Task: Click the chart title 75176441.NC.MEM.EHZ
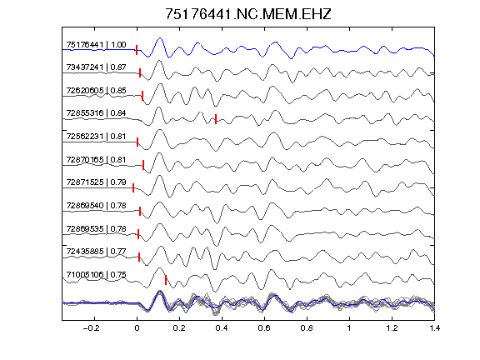[248, 14]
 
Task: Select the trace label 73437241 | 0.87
[96, 67]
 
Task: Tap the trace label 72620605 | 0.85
[96, 90]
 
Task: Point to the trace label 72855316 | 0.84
[96, 113]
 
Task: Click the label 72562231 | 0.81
[96, 136]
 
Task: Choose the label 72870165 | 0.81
[96, 159]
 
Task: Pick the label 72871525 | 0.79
[96, 182]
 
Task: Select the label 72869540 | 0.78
[96, 205]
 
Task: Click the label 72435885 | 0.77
[96, 252]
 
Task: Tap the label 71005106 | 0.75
[96, 275]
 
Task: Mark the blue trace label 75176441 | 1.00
[96, 45]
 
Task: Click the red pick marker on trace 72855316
[216, 119]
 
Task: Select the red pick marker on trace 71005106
[166, 280]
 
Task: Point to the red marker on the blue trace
[137, 50]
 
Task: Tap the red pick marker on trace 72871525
[133, 188]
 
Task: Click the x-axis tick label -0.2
[92, 328]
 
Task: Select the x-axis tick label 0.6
[264, 328]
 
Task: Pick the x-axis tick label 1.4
[434, 328]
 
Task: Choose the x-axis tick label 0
[137, 328]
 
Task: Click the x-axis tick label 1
[349, 328]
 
